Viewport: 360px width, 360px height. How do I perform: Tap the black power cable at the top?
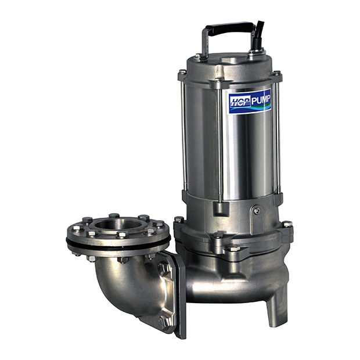coord(259,34)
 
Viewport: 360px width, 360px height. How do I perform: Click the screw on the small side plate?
coord(257,210)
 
